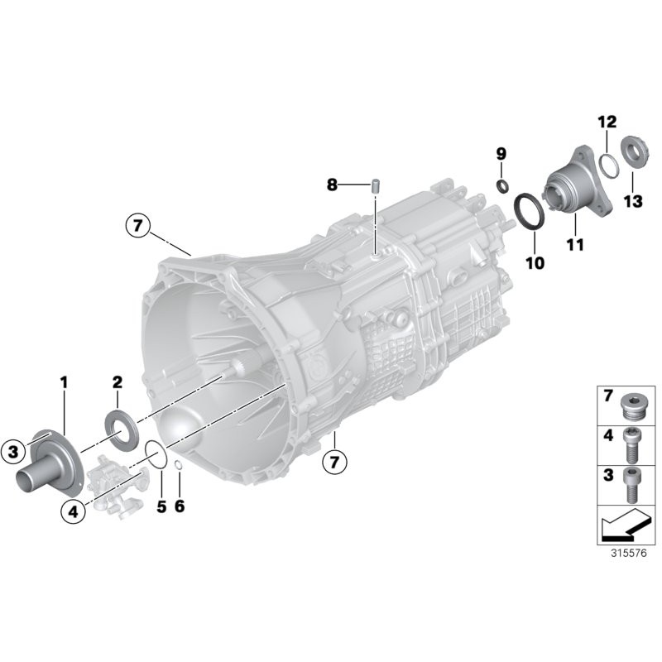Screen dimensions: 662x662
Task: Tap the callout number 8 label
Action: [x=332, y=185]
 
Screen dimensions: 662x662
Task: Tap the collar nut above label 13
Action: [x=633, y=152]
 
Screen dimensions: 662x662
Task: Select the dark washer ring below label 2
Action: [x=120, y=428]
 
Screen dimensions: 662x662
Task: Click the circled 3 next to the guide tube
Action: [x=14, y=451]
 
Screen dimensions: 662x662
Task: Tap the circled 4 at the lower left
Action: [x=73, y=512]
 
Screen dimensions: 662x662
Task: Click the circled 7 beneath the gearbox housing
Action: [x=335, y=462]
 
